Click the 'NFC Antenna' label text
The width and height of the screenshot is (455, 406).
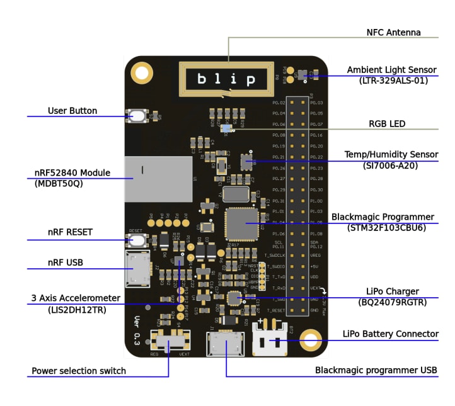point(393,32)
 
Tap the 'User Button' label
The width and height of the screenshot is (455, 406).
point(72,111)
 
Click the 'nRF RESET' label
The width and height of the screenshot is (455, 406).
point(70,232)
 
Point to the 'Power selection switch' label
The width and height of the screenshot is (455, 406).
point(79,371)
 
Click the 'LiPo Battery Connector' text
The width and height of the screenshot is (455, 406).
point(390,334)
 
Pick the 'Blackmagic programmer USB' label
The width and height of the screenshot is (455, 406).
point(376,370)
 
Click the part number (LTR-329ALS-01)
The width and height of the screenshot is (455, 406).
point(393,80)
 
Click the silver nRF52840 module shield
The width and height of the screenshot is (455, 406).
point(158,179)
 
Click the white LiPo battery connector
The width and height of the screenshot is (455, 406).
point(270,341)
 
